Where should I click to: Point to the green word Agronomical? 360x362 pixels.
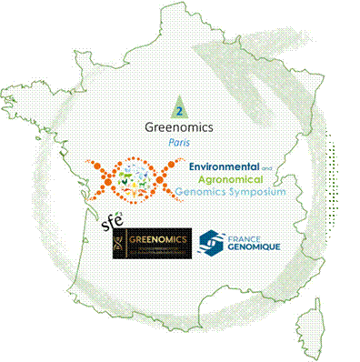coord(218,181)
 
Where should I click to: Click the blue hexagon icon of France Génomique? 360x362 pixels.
coord(212,242)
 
